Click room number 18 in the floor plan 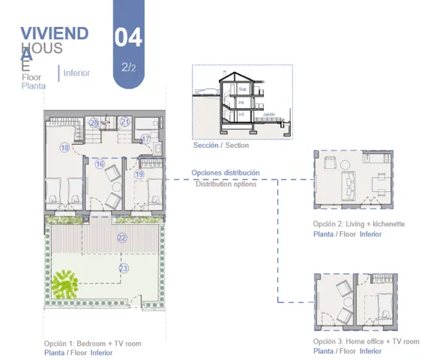(x=64, y=148)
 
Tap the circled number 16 (x=100, y=163)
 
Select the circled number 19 (x=139, y=174)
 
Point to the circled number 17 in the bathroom (x=145, y=139)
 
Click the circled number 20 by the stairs (x=94, y=122)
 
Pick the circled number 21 (x=125, y=122)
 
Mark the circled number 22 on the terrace (x=122, y=237)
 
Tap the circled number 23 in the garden (x=124, y=268)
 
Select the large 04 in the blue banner (x=128, y=37)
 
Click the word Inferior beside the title (x=77, y=73)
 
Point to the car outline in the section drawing (x=205, y=92)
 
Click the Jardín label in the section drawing (x=269, y=115)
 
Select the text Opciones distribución (x=226, y=172)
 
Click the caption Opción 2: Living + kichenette (x=359, y=224)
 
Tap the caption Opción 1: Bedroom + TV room (x=92, y=343)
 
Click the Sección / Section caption (x=220, y=145)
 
